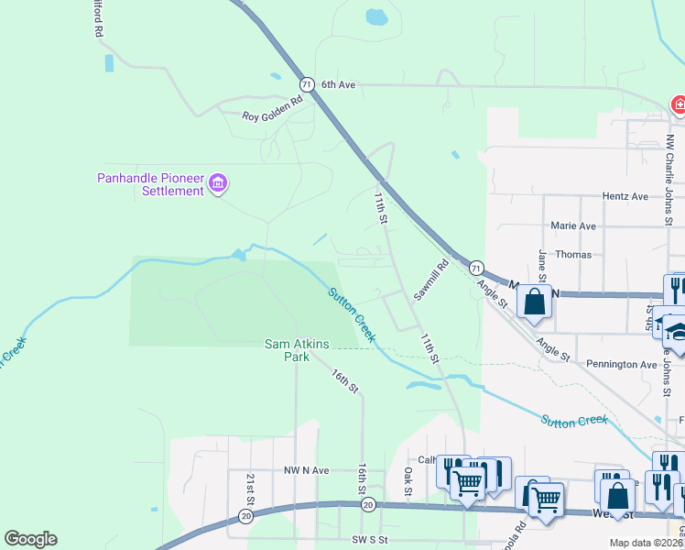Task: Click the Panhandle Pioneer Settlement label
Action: [x=151, y=184]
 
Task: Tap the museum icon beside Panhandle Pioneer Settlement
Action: [x=218, y=184]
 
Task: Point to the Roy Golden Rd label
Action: [x=272, y=109]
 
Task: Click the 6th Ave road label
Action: [x=338, y=84]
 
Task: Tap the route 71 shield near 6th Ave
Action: [x=308, y=84]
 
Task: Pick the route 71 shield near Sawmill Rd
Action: [x=476, y=269]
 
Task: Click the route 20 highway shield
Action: [x=368, y=505]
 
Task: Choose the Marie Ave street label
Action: [x=573, y=225]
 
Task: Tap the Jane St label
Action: [x=542, y=266]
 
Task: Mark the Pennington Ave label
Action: [x=623, y=364]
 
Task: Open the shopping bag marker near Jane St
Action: [x=535, y=301]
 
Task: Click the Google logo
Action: [x=30, y=539]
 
